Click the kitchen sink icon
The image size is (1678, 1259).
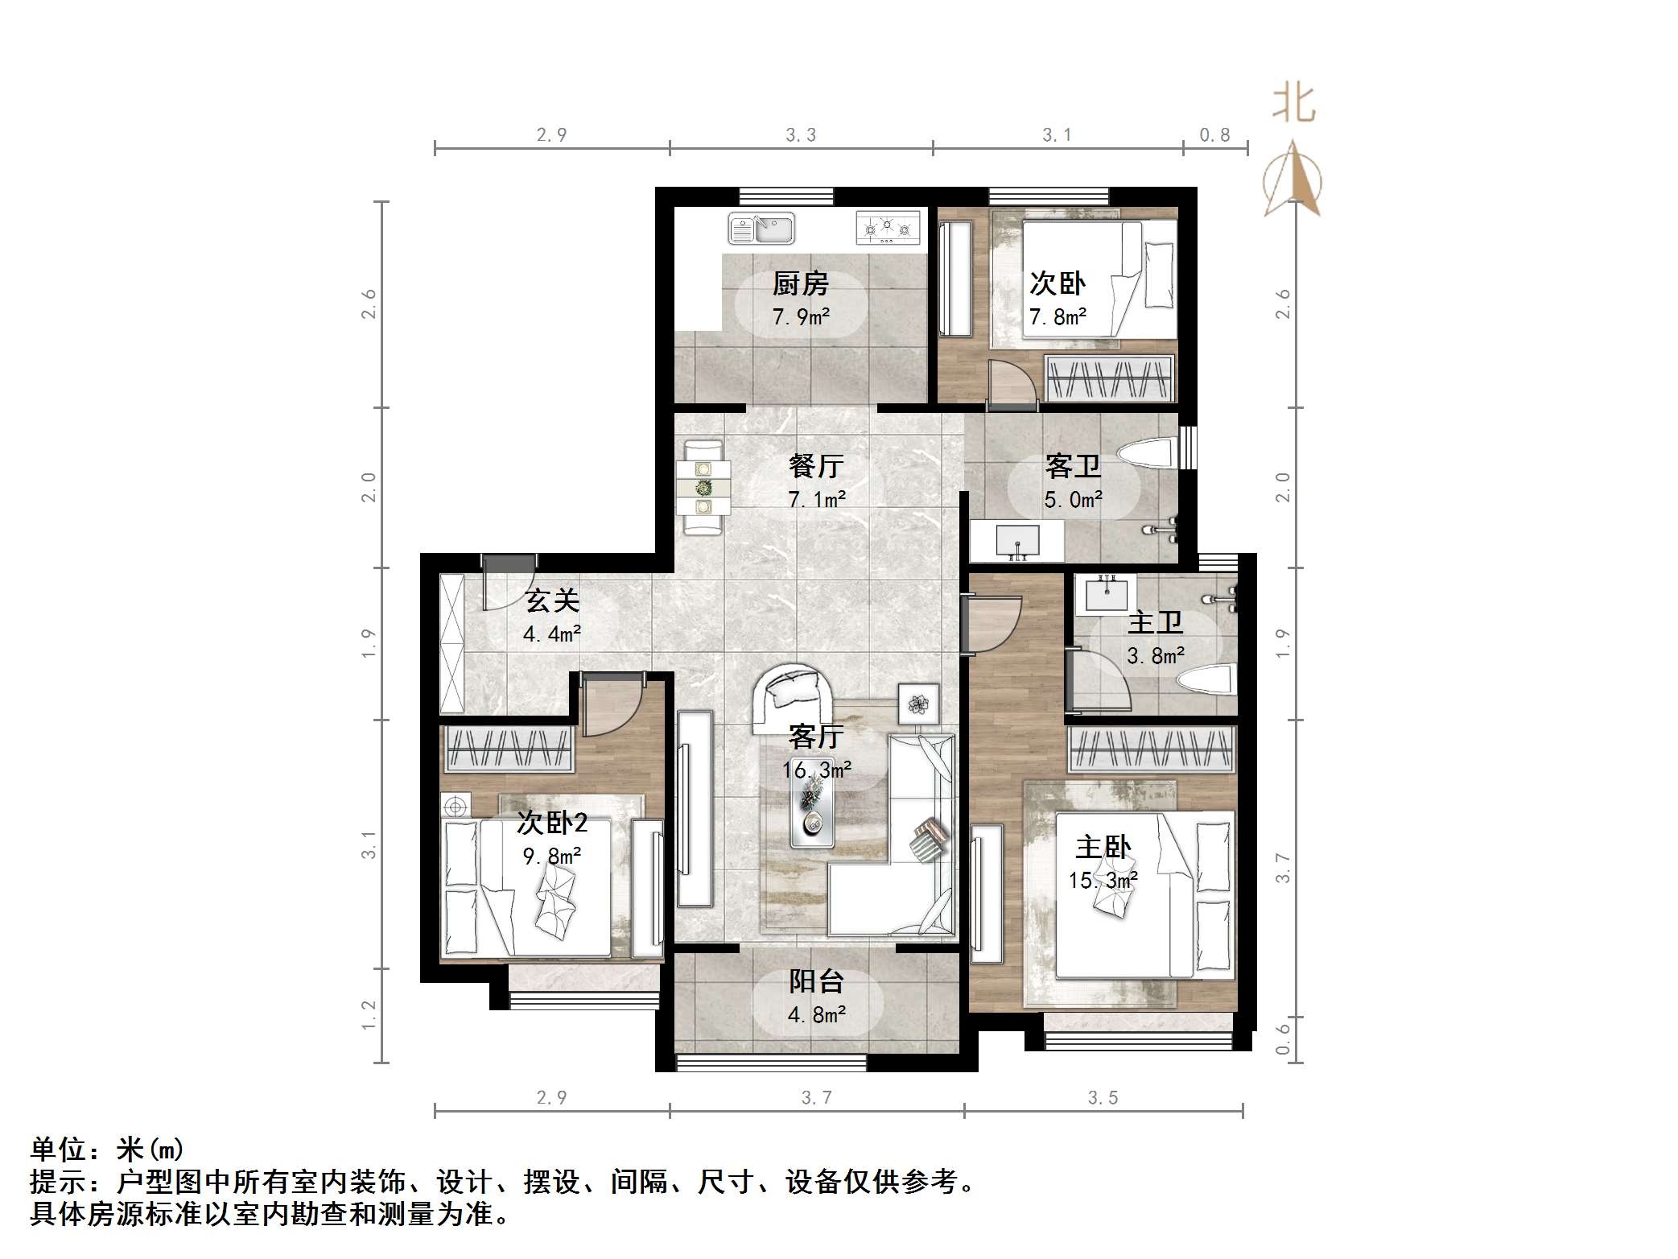[761, 229]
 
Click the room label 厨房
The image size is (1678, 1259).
[800, 283]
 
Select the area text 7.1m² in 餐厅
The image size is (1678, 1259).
[816, 500]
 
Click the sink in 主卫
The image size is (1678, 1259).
[1110, 594]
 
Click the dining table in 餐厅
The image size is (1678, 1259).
[703, 486]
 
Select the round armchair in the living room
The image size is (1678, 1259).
[794, 696]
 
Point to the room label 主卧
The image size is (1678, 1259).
[1103, 847]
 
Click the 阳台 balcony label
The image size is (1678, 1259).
[816, 981]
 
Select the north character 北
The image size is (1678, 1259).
[1293, 105]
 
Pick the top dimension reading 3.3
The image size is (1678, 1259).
[801, 135]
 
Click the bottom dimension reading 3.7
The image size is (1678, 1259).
[816, 1098]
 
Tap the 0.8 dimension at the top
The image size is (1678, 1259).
[1214, 135]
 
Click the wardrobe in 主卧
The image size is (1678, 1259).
[1151, 749]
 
